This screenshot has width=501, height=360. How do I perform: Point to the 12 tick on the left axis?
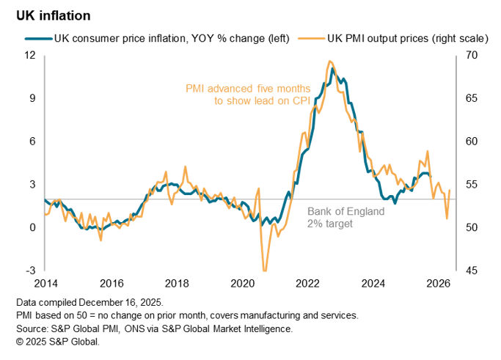click(30, 55)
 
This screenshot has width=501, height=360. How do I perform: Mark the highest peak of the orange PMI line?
click(330, 61)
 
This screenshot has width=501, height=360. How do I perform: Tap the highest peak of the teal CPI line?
click(333, 69)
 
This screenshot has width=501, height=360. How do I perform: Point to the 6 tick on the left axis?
click(33, 141)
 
